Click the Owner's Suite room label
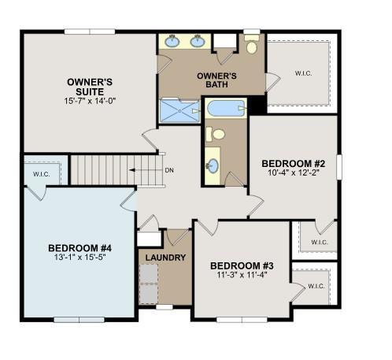(x=90, y=87)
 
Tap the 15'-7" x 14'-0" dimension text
(x=90, y=101)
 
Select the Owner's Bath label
(x=216, y=80)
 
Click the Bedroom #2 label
(x=294, y=164)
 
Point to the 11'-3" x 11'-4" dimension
(x=242, y=275)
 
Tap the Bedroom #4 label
(x=80, y=248)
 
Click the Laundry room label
(x=165, y=258)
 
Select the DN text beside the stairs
(x=169, y=170)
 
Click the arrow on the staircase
(x=146, y=170)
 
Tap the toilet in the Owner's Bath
(x=251, y=44)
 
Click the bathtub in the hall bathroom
(x=226, y=108)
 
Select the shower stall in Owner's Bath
(x=180, y=110)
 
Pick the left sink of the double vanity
(x=172, y=41)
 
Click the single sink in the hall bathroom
(x=213, y=166)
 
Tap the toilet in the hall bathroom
(x=216, y=134)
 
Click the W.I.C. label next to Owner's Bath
(x=304, y=73)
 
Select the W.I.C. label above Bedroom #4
(x=42, y=174)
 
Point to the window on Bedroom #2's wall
(x=339, y=167)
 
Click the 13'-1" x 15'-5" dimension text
(x=80, y=257)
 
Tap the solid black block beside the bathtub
(x=257, y=105)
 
